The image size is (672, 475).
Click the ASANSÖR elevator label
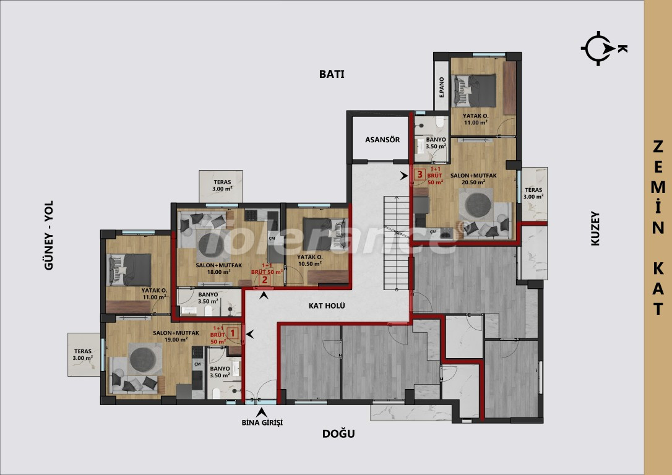tap(379, 139)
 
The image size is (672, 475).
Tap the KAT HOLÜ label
tap(327, 306)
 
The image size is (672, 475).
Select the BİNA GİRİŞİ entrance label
tap(262, 422)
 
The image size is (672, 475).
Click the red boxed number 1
tap(233, 333)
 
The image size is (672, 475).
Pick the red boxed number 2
tap(264, 279)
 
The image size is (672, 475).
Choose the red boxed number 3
tap(420, 175)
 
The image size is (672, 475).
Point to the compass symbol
tap(598, 48)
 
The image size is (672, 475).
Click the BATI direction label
tap(331, 74)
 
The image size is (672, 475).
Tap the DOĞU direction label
tap(338, 434)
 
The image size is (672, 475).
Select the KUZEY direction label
tap(595, 229)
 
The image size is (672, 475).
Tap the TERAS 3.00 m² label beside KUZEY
tap(533, 193)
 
